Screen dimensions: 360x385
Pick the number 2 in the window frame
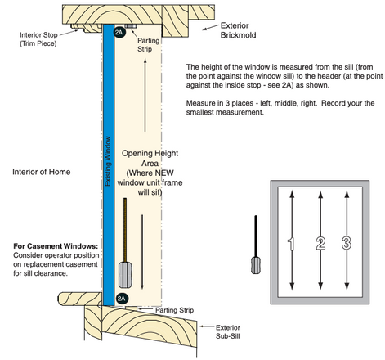coord(320,241)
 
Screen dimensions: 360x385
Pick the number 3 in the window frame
coord(347,241)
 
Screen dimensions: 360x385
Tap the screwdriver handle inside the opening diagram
coord(125,272)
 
